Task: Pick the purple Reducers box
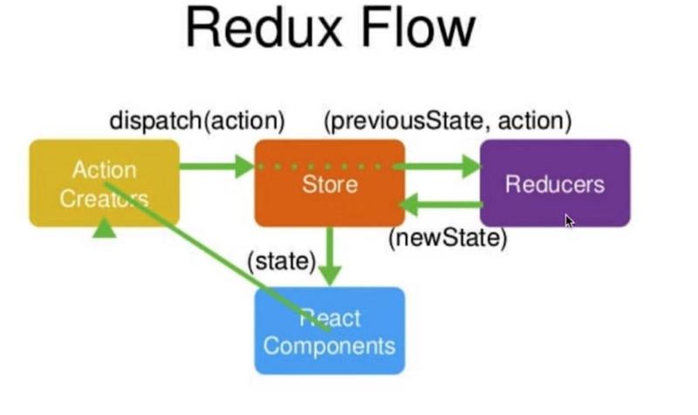pos(555,183)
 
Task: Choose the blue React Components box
pos(329,331)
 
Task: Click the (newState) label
pos(448,237)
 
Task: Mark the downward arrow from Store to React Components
pos(329,254)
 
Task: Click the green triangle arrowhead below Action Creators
pos(105,228)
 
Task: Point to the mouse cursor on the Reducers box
pos(569,221)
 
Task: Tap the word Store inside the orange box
pos(329,185)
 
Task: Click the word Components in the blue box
pos(329,345)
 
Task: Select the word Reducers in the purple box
pos(555,185)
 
